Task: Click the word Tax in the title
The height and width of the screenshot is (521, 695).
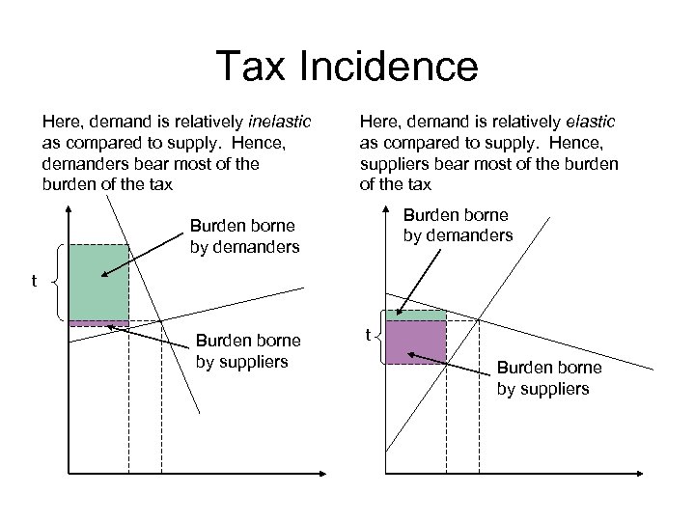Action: [x=249, y=67]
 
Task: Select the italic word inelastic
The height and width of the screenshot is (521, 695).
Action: [x=279, y=123]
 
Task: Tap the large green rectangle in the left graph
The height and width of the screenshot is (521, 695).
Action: [x=98, y=282]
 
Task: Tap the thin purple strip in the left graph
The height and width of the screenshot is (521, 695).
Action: [x=98, y=323]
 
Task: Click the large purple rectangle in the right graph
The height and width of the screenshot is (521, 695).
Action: [x=416, y=342]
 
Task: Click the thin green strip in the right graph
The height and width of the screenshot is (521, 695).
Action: [x=416, y=315]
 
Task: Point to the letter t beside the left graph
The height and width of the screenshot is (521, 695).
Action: [x=35, y=282]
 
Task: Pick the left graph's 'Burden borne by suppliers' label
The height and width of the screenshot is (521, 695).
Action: [x=248, y=351]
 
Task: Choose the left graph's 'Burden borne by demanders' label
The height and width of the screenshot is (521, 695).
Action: [x=242, y=237]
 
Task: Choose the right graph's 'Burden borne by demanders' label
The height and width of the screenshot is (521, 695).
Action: [x=457, y=225]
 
